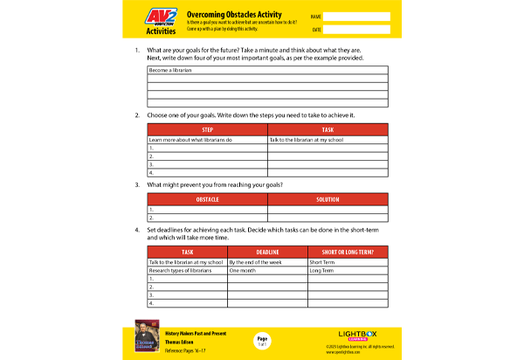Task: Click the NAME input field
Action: pyautogui.click(x=357, y=16)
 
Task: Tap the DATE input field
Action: pyautogui.click(x=357, y=30)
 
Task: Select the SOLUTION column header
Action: pyautogui.click(x=327, y=200)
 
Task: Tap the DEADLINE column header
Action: pyautogui.click(x=267, y=250)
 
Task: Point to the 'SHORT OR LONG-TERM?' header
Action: pyautogui.click(x=348, y=250)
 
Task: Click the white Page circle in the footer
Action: pyautogui.click(x=261, y=339)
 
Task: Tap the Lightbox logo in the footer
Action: pyautogui.click(x=358, y=334)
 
